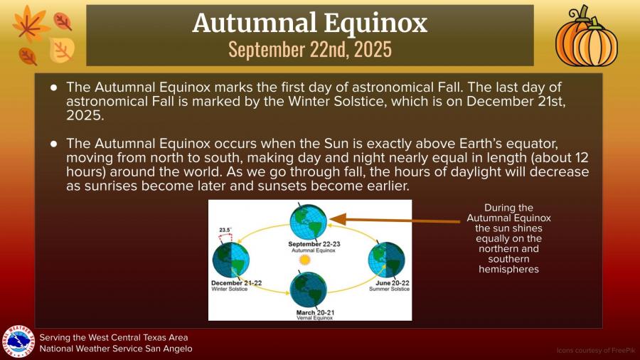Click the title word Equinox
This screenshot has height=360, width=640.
click(x=376, y=24)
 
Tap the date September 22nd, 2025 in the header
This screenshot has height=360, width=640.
click(x=310, y=49)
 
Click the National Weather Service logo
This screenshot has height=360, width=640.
click(x=18, y=342)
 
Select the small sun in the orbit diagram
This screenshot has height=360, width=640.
click(x=305, y=260)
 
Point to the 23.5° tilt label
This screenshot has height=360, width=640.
click(x=225, y=230)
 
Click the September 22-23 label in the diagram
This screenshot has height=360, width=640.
click(x=314, y=244)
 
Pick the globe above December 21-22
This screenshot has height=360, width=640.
click(x=230, y=260)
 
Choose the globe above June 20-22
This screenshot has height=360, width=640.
click(x=387, y=260)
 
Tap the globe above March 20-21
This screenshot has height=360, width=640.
click(x=308, y=290)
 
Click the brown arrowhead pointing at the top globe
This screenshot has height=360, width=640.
click(x=338, y=220)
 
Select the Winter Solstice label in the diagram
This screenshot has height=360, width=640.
click(x=230, y=289)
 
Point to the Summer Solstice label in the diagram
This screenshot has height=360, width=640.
click(x=389, y=289)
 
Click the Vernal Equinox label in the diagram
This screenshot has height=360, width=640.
click(x=315, y=317)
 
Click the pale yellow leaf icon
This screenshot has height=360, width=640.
click(x=62, y=51)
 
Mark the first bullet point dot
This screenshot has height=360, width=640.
click(x=54, y=88)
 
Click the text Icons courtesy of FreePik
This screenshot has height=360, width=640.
click(x=596, y=350)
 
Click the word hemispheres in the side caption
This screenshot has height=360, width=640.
click(x=508, y=269)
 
